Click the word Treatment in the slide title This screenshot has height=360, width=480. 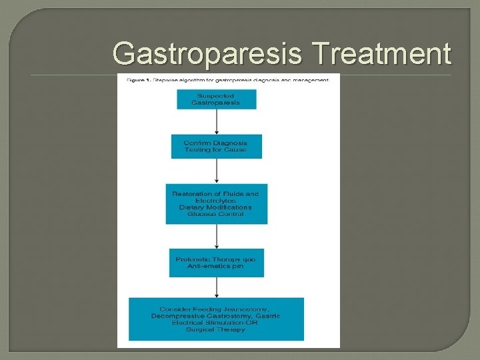(385, 53)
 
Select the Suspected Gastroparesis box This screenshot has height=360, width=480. (216, 99)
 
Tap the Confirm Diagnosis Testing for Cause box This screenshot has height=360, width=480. (216, 146)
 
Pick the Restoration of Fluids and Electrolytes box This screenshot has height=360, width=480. (216, 204)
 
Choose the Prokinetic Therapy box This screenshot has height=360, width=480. (216, 262)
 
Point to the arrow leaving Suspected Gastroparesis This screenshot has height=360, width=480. (216, 121)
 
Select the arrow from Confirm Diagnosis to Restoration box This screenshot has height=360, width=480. (216, 171)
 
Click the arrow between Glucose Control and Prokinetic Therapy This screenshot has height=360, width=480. (216, 236)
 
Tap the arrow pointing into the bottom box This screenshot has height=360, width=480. (216, 287)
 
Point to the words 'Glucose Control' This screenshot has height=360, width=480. (215, 215)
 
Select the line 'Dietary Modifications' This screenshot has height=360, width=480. (215, 207)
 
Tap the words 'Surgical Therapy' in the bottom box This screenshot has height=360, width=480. (216, 330)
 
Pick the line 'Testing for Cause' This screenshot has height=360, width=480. (215, 150)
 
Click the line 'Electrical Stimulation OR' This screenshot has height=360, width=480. (216, 323)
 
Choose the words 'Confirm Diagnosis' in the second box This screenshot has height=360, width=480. (215, 143)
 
